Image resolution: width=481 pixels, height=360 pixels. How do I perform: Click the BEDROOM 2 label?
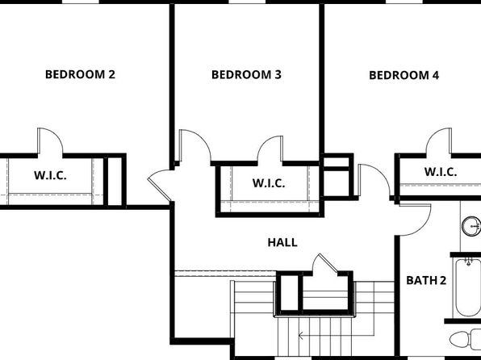(80, 74)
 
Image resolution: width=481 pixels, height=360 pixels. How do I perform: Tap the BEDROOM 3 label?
(246, 75)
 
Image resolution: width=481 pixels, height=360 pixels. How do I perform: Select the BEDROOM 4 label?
(404, 75)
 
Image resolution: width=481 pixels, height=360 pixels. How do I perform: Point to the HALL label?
(282, 242)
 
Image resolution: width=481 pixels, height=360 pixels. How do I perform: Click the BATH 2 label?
(426, 280)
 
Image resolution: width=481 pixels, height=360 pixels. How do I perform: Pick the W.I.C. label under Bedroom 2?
(50, 175)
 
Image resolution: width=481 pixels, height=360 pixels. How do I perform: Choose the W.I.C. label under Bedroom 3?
(269, 183)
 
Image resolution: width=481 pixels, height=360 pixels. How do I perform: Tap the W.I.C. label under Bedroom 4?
(441, 172)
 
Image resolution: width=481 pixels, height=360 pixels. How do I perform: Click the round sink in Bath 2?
(472, 226)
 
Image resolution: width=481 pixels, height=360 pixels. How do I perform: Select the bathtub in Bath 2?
(468, 287)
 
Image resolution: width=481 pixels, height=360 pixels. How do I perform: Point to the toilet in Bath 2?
(466, 339)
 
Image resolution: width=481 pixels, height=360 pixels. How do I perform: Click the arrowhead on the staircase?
(301, 336)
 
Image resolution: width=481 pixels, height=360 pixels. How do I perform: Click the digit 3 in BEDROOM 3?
(278, 75)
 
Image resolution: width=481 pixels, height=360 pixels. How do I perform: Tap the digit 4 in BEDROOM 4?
(436, 75)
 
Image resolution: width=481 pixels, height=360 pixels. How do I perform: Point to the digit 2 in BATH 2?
(443, 280)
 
